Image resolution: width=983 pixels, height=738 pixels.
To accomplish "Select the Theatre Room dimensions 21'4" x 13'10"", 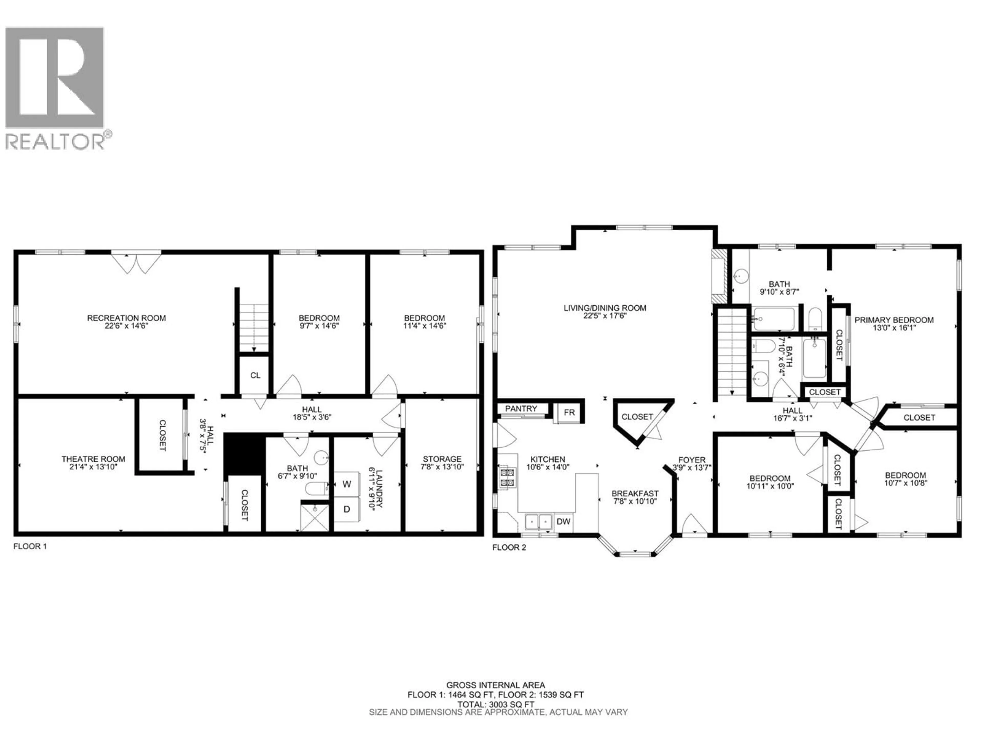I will (93, 467).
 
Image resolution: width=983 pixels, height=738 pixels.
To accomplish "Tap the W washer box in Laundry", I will (347, 484).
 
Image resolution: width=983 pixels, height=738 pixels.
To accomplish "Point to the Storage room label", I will (442, 459).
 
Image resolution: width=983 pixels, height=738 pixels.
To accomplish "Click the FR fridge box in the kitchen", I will (569, 412).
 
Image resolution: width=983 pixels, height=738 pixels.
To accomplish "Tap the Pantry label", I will (521, 408).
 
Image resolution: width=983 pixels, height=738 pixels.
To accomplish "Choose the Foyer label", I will (691, 459).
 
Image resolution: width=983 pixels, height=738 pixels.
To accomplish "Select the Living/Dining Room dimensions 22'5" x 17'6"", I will (605, 316).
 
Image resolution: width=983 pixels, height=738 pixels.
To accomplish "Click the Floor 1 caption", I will (30, 546).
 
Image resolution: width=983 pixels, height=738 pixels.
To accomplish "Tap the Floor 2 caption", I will (509, 547).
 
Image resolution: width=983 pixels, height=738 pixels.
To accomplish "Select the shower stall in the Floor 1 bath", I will (315, 518).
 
